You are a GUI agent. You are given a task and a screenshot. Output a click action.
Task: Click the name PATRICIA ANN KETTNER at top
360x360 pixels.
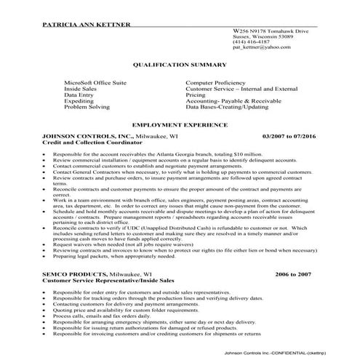click(x=87, y=25)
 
